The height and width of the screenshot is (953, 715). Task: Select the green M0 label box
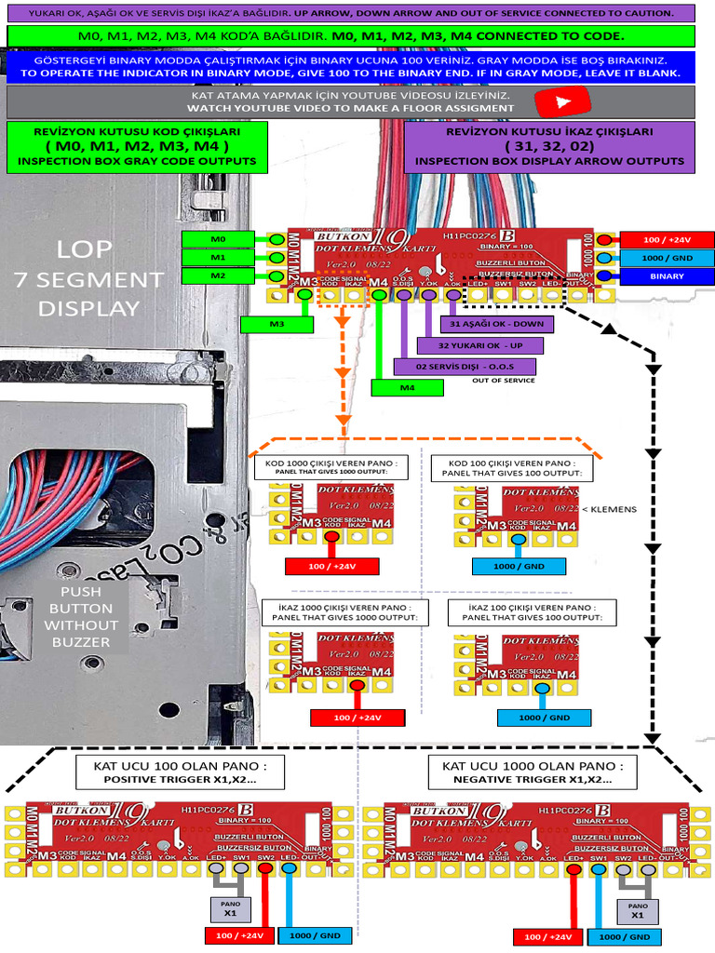[218, 239]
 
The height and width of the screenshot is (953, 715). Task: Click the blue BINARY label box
[667, 275]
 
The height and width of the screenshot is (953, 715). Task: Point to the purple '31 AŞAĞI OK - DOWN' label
[496, 324]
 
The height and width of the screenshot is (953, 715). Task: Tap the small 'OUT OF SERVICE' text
[503, 381]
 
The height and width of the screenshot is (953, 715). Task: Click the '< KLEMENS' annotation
[609, 510]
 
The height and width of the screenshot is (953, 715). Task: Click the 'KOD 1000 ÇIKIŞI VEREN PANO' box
[331, 467]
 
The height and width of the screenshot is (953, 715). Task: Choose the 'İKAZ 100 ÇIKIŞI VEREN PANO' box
[532, 611]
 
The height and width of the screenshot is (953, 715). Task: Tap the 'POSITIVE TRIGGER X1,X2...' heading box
[180, 772]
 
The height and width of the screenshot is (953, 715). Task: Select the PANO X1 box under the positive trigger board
[228, 907]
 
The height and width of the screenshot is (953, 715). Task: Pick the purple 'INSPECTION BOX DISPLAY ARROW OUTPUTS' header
[549, 146]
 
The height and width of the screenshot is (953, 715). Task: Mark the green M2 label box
[218, 276]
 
